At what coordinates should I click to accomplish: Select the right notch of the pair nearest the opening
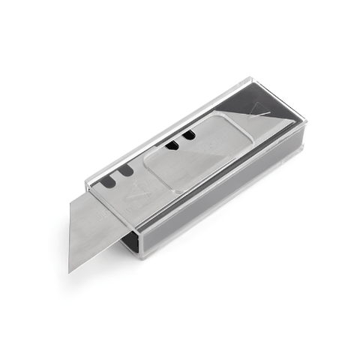click(127, 171)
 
